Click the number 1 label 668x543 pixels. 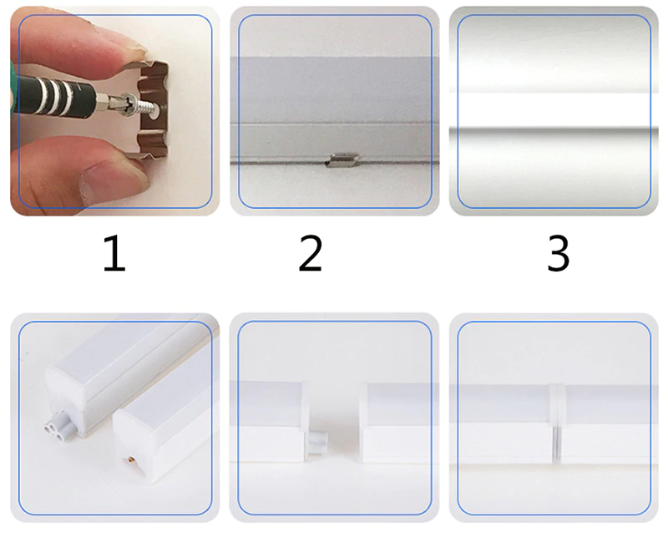pos(114,254)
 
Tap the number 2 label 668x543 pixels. pos(311,254)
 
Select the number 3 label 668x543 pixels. pos(558,254)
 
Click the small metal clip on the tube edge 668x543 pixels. pos(342,160)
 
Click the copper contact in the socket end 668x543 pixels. pos(130,459)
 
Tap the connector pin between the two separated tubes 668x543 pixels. pos(316,443)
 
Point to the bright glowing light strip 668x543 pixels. pos(554,109)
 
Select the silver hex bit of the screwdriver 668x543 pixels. pos(109,102)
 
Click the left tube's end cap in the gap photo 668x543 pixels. pos(305,421)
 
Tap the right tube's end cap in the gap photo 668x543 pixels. pos(364,421)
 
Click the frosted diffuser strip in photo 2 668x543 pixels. pos(335,90)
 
